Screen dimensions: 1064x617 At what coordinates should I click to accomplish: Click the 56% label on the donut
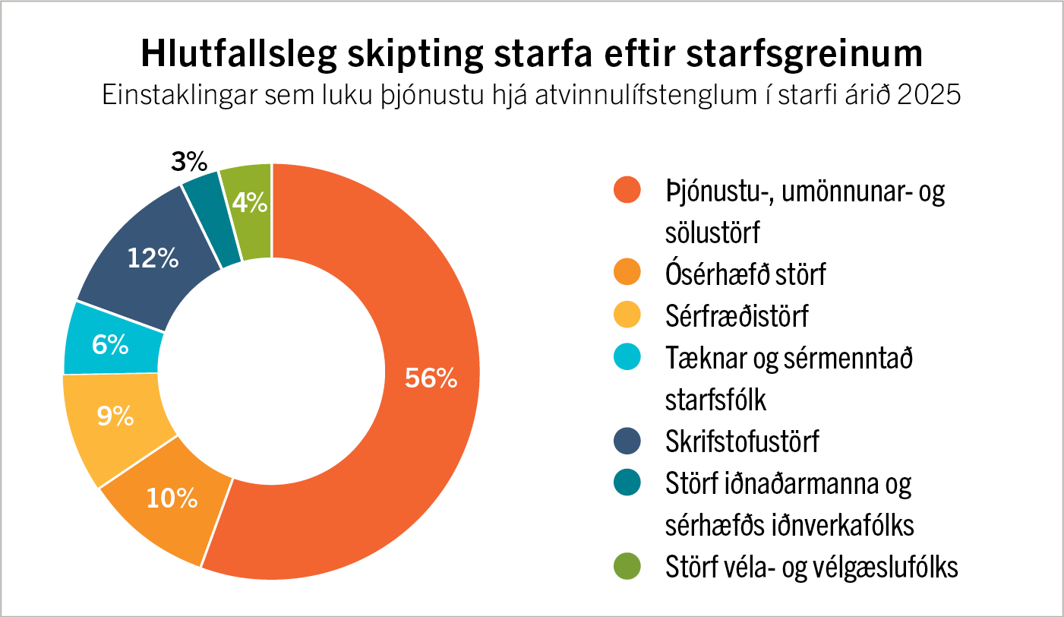click(431, 378)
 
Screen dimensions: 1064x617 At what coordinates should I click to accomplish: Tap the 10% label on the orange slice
click(172, 498)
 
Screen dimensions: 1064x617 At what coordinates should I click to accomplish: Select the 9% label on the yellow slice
click(115, 416)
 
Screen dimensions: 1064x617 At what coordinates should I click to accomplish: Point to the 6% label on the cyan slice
click(110, 344)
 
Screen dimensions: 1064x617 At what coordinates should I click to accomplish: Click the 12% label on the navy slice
click(153, 258)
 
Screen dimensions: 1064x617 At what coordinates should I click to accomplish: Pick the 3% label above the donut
click(189, 162)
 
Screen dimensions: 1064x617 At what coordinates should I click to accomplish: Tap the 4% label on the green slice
click(250, 202)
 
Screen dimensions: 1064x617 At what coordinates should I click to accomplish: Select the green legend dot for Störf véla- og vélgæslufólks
click(627, 566)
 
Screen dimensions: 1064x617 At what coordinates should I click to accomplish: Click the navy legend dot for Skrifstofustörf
click(627, 441)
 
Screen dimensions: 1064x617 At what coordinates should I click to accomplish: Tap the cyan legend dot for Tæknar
click(627, 356)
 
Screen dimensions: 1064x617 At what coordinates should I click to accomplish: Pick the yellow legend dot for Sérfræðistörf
click(627, 315)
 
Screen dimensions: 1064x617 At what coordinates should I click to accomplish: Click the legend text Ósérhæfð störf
click(745, 274)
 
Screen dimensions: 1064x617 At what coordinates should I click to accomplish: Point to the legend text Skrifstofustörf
click(742, 441)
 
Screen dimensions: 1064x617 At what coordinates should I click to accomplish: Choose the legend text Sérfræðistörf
click(737, 315)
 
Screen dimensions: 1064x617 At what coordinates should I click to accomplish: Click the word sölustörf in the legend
click(712, 232)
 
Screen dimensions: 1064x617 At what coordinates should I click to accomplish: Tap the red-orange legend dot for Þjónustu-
click(627, 190)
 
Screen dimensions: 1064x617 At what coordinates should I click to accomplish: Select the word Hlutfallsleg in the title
click(239, 53)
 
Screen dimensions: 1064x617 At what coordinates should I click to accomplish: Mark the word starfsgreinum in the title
click(804, 53)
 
